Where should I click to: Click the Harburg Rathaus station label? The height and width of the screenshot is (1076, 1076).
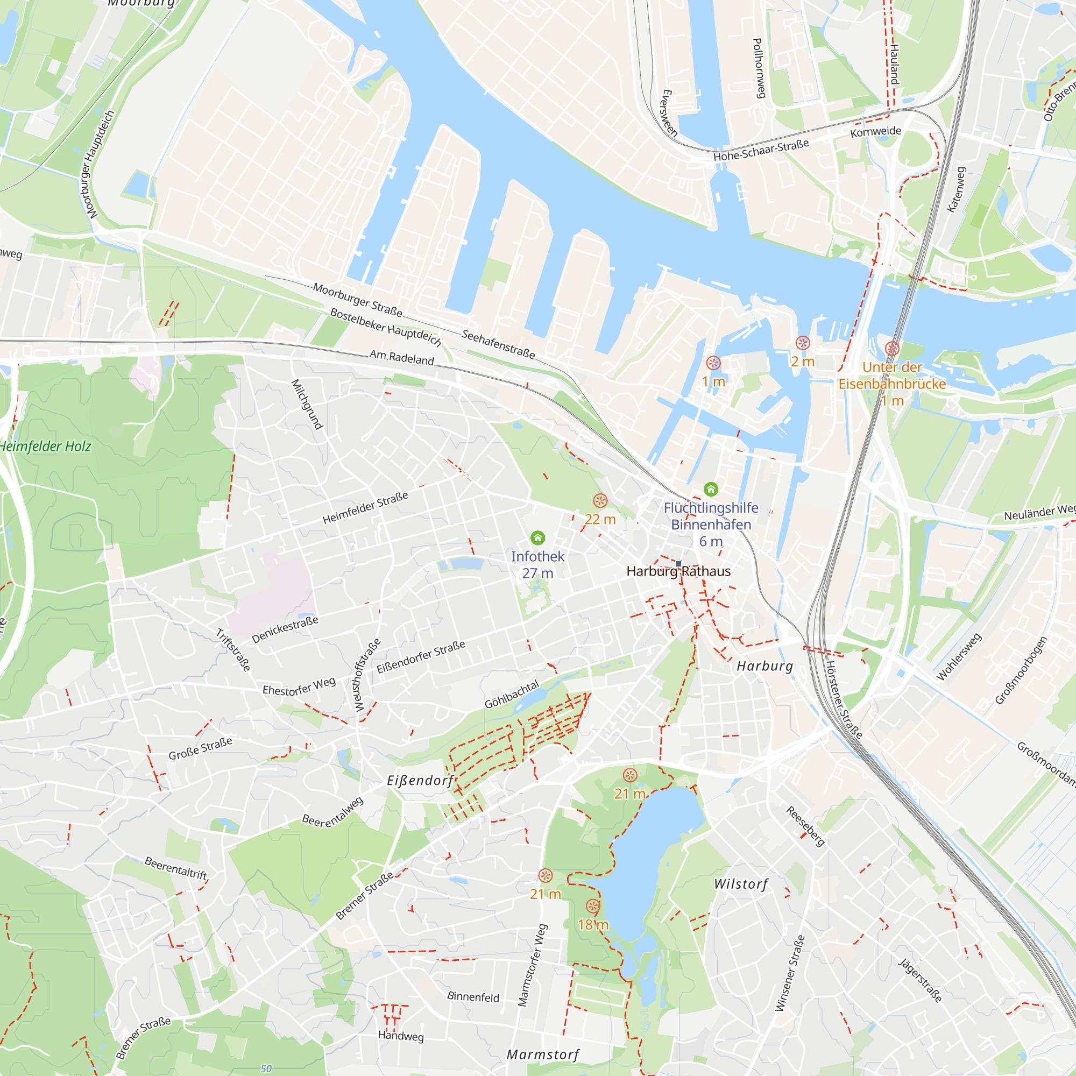tap(678, 571)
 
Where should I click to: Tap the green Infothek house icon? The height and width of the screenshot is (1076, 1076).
tap(537, 538)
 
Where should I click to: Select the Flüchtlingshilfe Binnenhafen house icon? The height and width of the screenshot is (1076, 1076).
tap(711, 490)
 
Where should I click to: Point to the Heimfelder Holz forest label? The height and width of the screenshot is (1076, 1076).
tap(46, 447)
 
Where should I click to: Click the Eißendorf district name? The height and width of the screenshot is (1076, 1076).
tap(421, 781)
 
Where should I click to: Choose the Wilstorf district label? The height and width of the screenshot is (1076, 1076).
tap(741, 884)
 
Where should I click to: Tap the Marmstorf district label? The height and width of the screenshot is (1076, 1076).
tap(543, 1055)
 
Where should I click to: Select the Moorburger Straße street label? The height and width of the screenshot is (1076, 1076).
tap(357, 299)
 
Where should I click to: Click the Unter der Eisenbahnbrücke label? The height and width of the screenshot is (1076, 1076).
tap(892, 376)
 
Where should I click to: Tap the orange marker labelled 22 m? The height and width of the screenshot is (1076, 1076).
tap(600, 501)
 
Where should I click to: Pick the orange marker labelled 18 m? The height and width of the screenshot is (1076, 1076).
tap(593, 906)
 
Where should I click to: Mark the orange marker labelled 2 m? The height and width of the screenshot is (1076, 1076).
tap(803, 343)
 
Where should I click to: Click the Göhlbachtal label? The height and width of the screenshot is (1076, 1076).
tap(512, 695)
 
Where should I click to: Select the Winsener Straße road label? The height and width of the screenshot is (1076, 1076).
tap(790, 973)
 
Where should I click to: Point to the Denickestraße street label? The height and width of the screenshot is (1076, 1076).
tap(285, 629)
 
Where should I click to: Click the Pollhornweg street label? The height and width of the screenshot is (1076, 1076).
tap(759, 68)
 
